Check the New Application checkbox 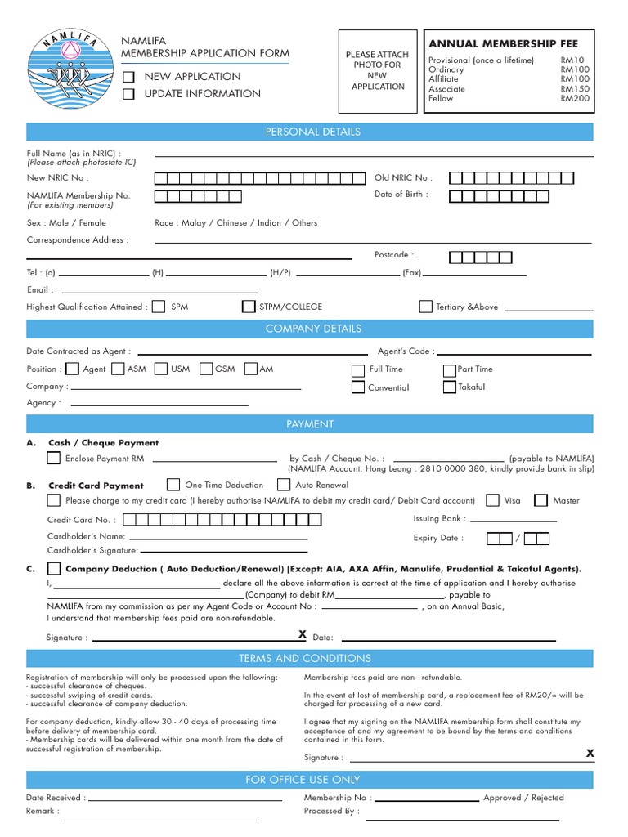click(128, 77)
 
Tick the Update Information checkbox click(128, 94)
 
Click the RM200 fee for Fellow click(575, 98)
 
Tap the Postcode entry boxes click(481, 257)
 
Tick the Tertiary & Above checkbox click(425, 307)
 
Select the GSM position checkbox click(206, 369)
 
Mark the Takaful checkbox click(449, 387)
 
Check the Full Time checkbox click(358, 369)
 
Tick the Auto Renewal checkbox click(283, 485)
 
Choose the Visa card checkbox click(492, 500)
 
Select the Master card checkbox click(541, 500)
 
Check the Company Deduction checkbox click(54, 568)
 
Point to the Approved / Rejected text click(523, 798)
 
